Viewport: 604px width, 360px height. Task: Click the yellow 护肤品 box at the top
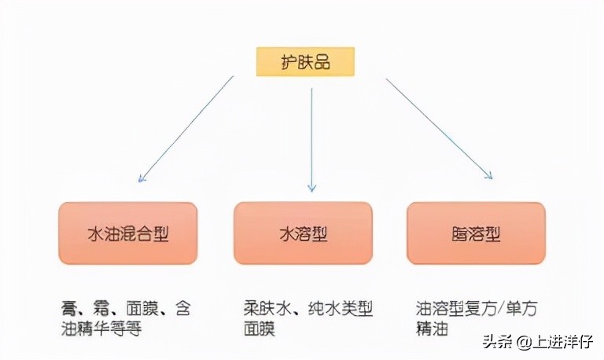pos(306,61)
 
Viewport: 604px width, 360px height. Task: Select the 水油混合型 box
pos(128,233)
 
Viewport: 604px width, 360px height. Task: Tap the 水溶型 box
pos(303,233)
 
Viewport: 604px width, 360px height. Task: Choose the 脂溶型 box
pos(476,233)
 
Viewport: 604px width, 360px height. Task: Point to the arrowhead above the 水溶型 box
pos(311,188)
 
